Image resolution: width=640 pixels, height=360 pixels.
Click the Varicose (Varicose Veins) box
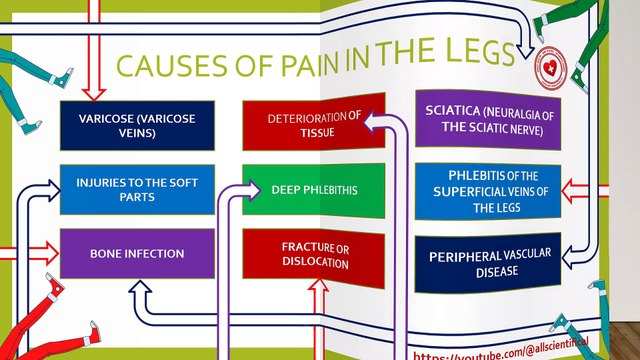[137, 123]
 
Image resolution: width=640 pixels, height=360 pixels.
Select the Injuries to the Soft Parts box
[137, 189]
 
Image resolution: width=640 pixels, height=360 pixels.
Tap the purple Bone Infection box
[137, 254]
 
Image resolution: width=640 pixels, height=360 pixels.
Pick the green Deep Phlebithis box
[314, 189]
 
